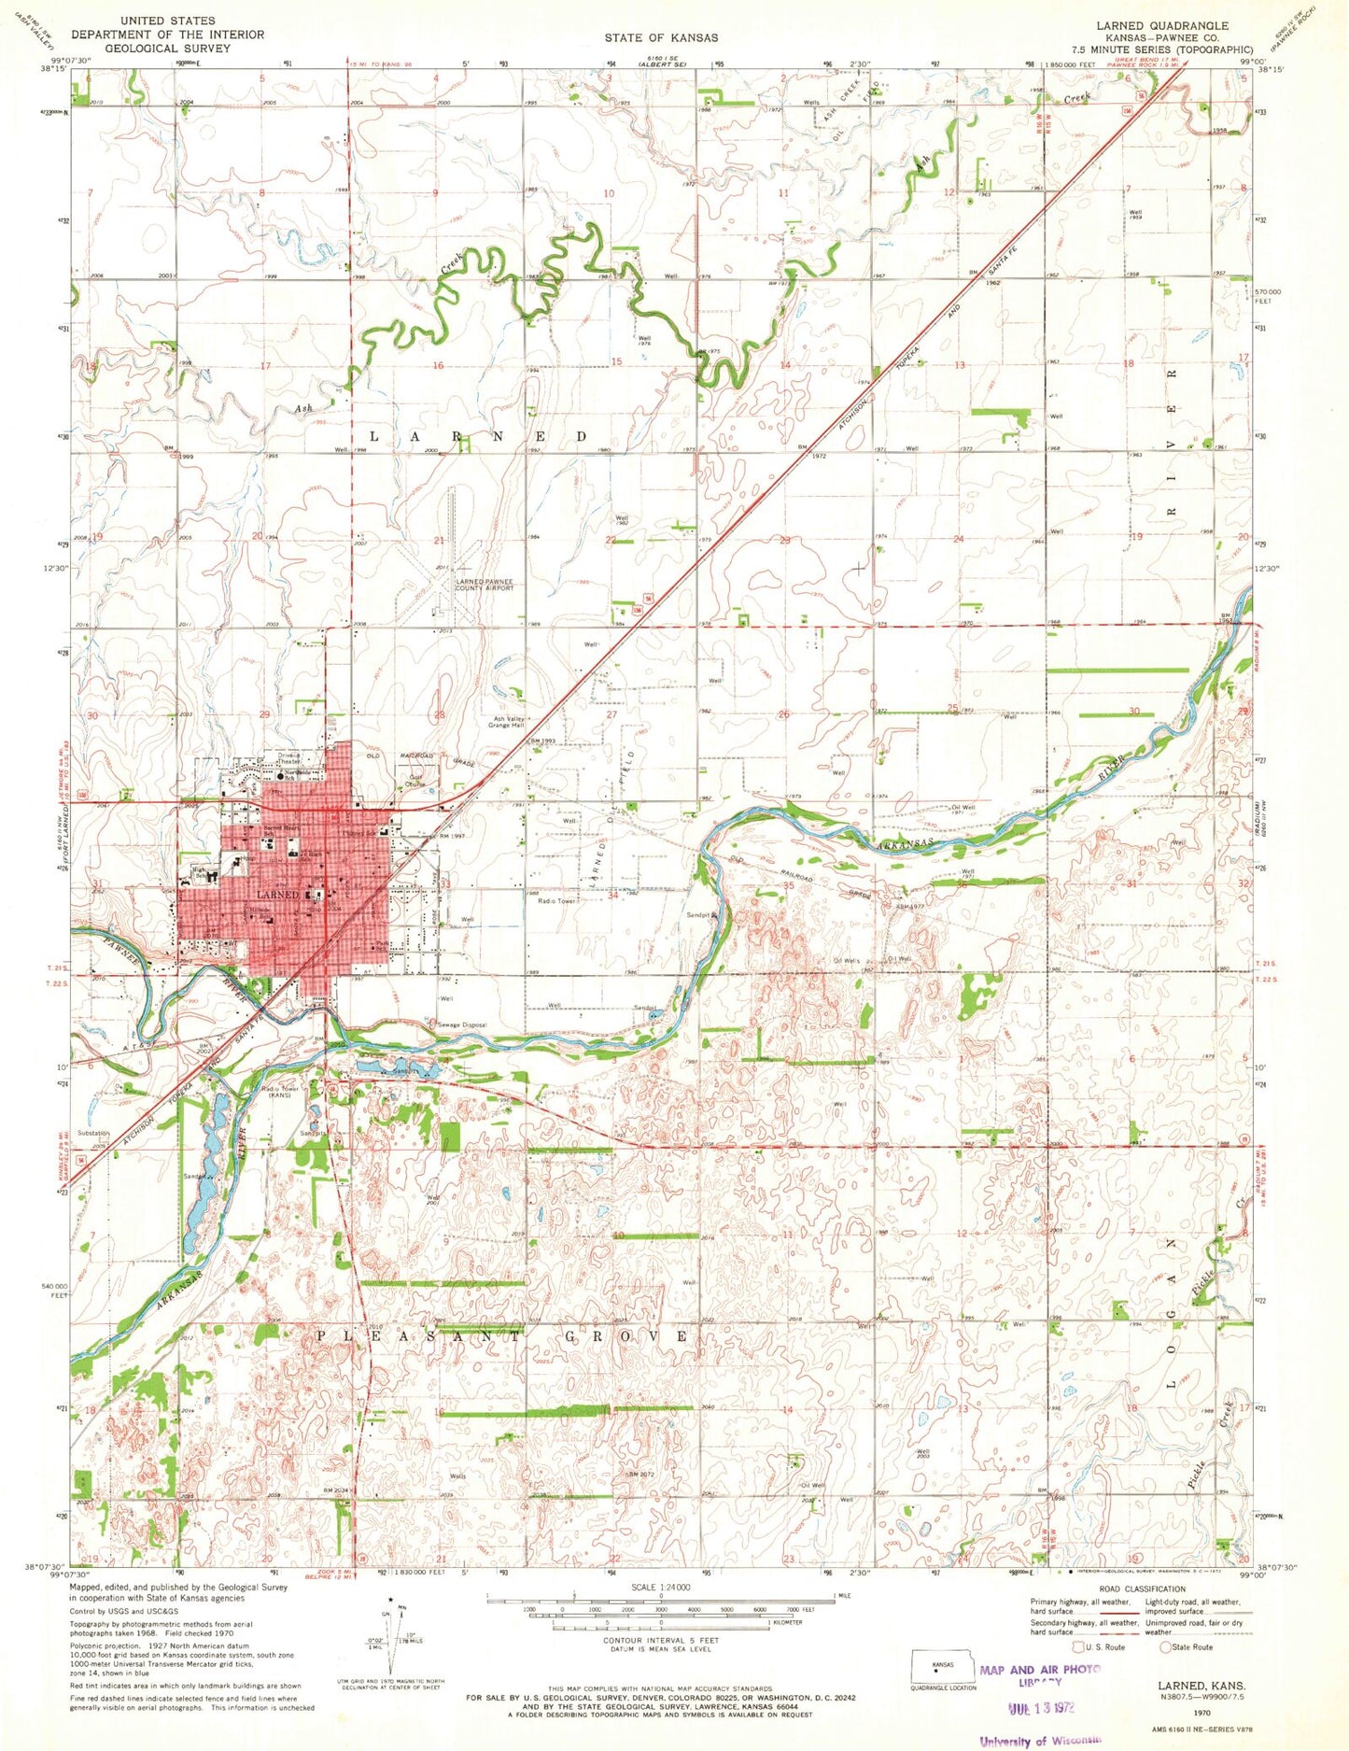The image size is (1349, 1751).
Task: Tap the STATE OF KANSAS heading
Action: (661, 37)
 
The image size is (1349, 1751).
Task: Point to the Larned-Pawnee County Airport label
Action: (485, 586)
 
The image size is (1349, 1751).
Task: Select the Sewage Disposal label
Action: (462, 1024)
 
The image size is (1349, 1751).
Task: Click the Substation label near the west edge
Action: (93, 1133)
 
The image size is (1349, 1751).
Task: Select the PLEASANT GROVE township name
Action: (503, 1336)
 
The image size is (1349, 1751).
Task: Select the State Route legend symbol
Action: (1165, 1646)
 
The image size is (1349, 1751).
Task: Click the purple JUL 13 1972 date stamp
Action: (1042, 1706)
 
